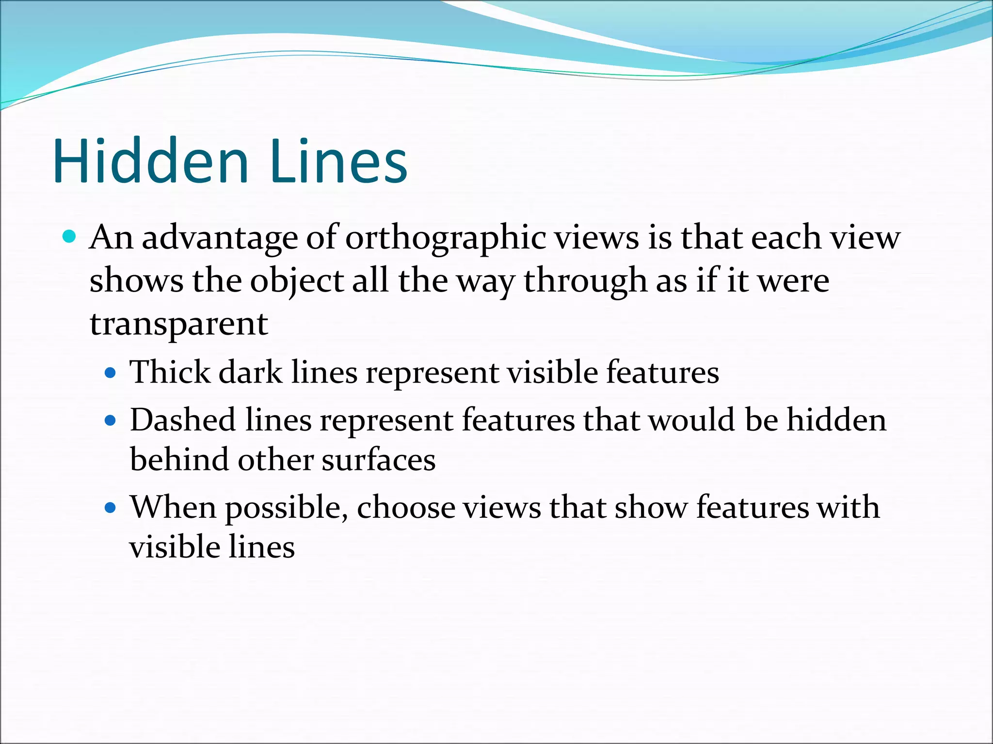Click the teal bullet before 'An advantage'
tap(70, 237)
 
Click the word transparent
tap(178, 324)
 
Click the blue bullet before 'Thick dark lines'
tap(111, 373)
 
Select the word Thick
tap(170, 372)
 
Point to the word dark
tap(250, 372)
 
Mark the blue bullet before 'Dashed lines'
tap(111, 420)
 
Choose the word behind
tap(179, 459)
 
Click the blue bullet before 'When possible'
tap(111, 508)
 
